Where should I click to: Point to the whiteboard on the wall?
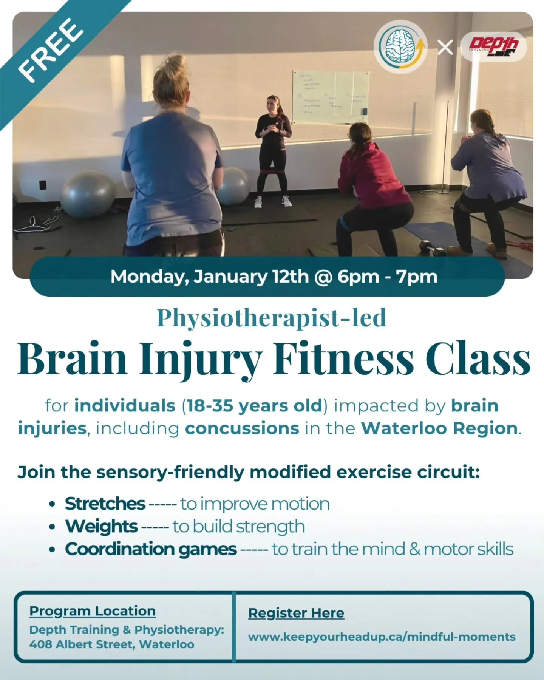(330, 97)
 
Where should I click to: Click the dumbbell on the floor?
(433, 249)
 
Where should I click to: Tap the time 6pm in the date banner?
(358, 277)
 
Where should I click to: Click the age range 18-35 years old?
(253, 406)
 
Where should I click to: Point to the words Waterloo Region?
(439, 428)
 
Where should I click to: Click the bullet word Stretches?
(105, 504)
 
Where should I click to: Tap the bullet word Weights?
(101, 526)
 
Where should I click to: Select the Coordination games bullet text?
(151, 549)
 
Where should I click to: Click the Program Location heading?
(93, 611)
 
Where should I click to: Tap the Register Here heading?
(296, 613)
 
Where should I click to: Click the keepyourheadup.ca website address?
(382, 637)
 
